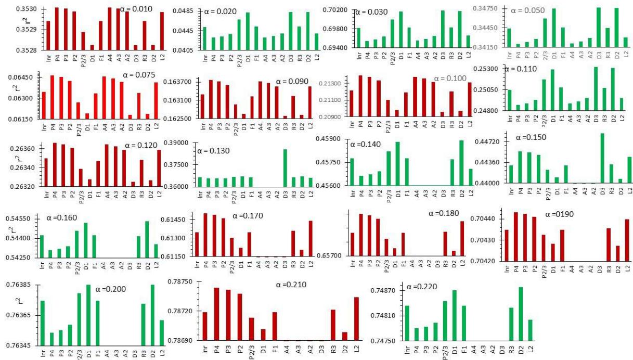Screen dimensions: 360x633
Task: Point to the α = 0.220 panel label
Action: click(x=421, y=287)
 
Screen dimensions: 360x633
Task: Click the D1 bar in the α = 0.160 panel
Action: click(x=86, y=240)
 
